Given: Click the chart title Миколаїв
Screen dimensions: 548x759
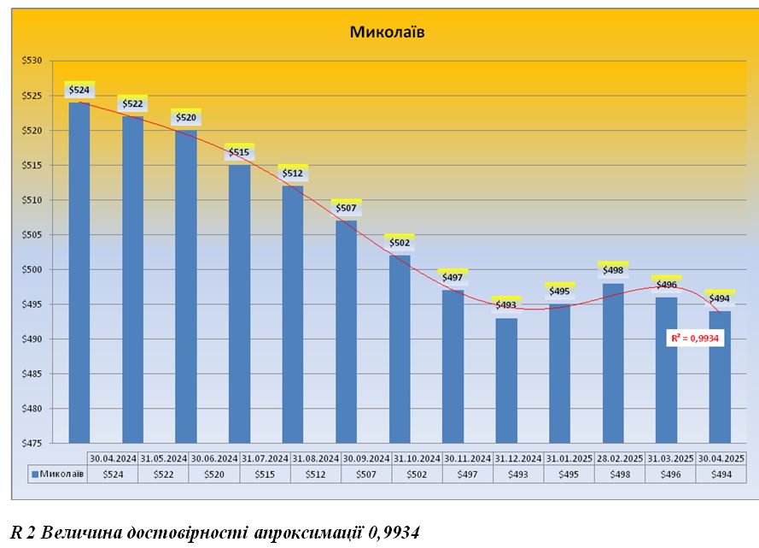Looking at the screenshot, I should pyautogui.click(x=387, y=32).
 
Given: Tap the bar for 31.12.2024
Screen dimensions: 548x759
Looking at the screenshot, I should pyautogui.click(x=506, y=380).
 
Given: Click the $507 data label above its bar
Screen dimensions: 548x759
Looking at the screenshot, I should pyautogui.click(x=347, y=208).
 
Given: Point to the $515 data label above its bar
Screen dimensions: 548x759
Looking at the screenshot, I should pyautogui.click(x=240, y=152).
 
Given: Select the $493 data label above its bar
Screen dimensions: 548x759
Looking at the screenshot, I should pyautogui.click(x=506, y=304).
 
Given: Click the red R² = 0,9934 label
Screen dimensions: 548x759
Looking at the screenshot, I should pyautogui.click(x=697, y=339).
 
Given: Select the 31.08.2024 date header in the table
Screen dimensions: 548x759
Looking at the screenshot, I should pyautogui.click(x=316, y=458).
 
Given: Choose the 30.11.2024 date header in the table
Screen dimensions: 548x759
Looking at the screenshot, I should pyautogui.click(x=468, y=458).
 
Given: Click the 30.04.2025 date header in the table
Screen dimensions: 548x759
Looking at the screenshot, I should pyautogui.click(x=721, y=458).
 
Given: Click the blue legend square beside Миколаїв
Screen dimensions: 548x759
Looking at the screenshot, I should pyautogui.click(x=35, y=474).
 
